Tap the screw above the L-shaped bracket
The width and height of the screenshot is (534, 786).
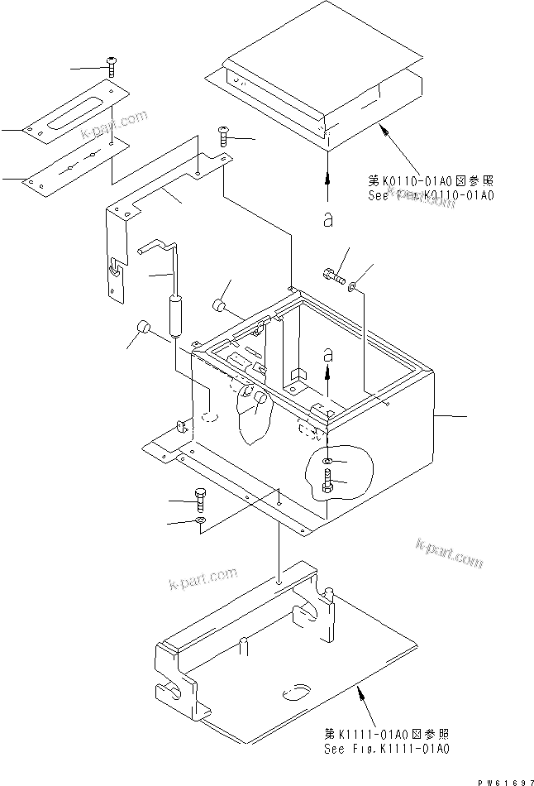(223, 135)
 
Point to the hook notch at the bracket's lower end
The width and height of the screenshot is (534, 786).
(113, 266)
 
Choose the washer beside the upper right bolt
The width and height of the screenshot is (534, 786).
(354, 287)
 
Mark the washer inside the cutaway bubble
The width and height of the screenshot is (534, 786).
(329, 460)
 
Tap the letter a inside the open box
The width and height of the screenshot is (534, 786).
(328, 353)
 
